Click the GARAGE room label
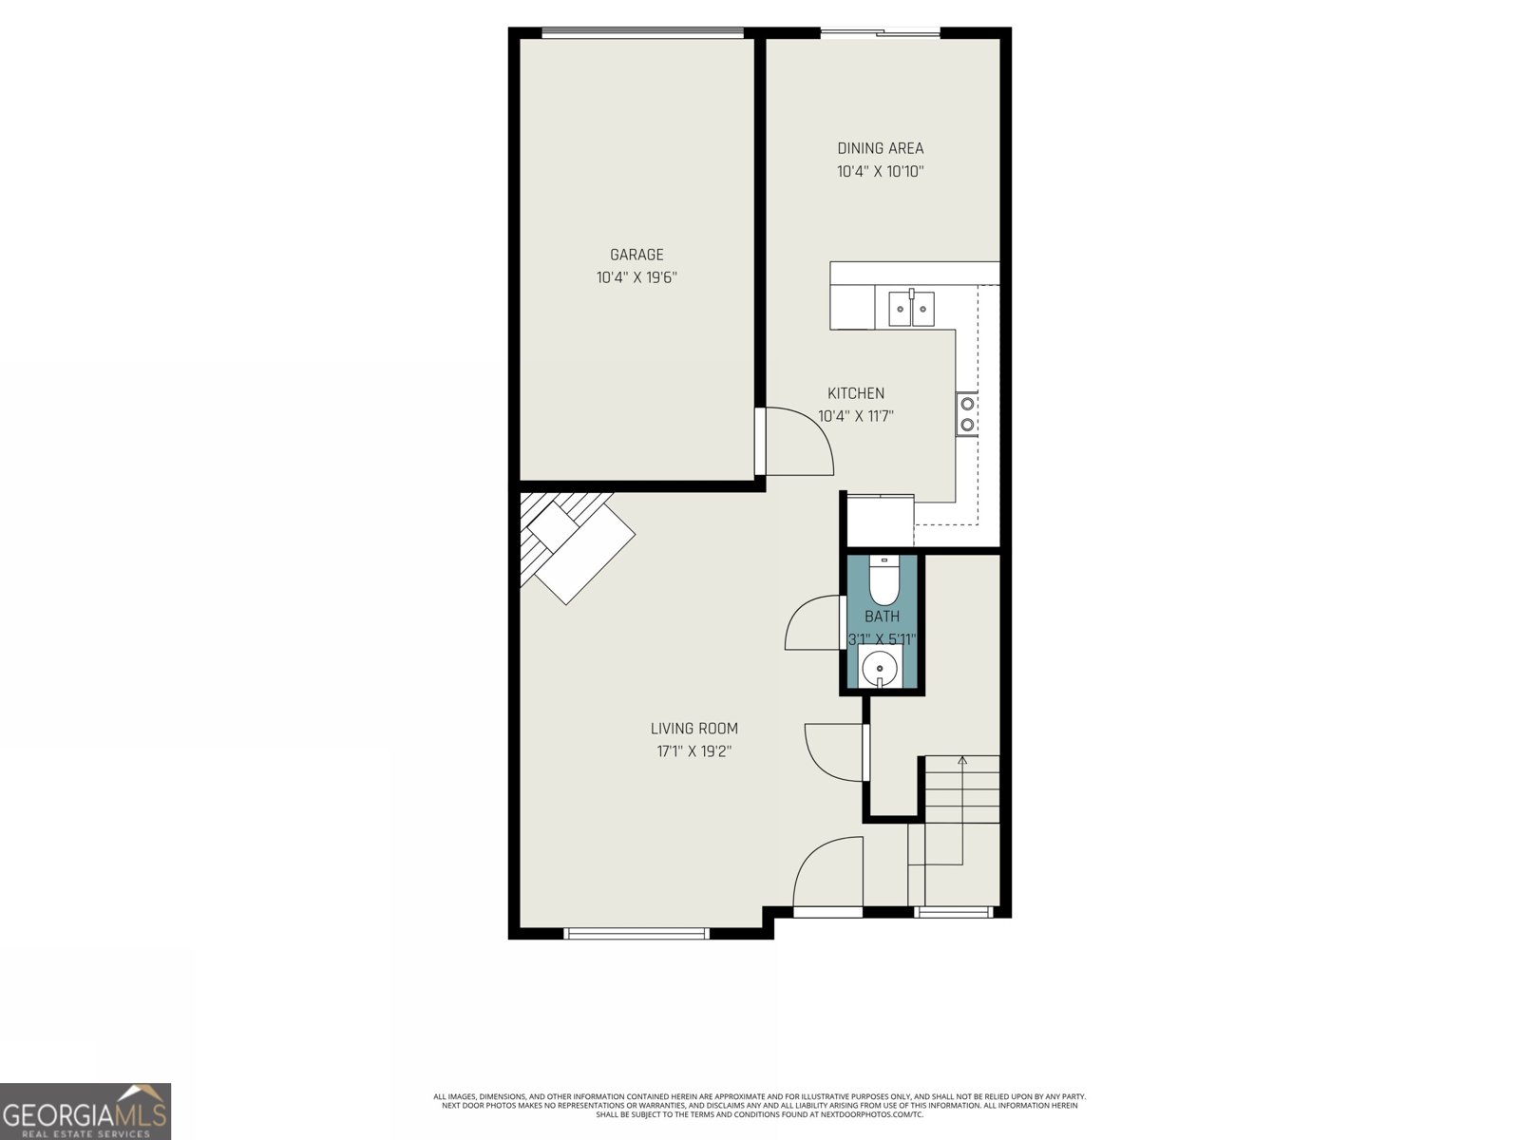click(x=636, y=255)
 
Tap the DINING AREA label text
click(x=880, y=148)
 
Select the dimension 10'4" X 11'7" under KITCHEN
click(x=856, y=416)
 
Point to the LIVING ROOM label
click(x=693, y=729)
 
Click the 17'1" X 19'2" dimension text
click(x=693, y=751)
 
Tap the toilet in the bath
click(x=884, y=581)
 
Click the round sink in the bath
click(x=881, y=668)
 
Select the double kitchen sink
click(x=911, y=308)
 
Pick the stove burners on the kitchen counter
click(x=967, y=414)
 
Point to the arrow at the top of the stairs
click(x=962, y=760)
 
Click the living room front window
click(x=636, y=933)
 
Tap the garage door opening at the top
click(x=642, y=33)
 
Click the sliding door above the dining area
click(x=880, y=34)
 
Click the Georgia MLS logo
click(x=85, y=1111)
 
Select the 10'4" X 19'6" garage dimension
click(x=636, y=278)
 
